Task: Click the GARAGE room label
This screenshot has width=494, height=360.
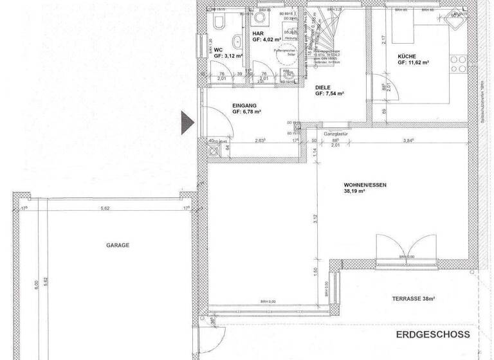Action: (x=118, y=245)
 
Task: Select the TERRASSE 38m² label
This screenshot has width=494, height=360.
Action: (x=414, y=299)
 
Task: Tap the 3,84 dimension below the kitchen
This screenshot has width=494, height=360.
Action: (x=408, y=140)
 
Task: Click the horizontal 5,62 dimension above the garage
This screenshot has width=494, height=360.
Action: (x=104, y=208)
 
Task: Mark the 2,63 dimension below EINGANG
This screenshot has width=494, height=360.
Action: (x=260, y=140)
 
